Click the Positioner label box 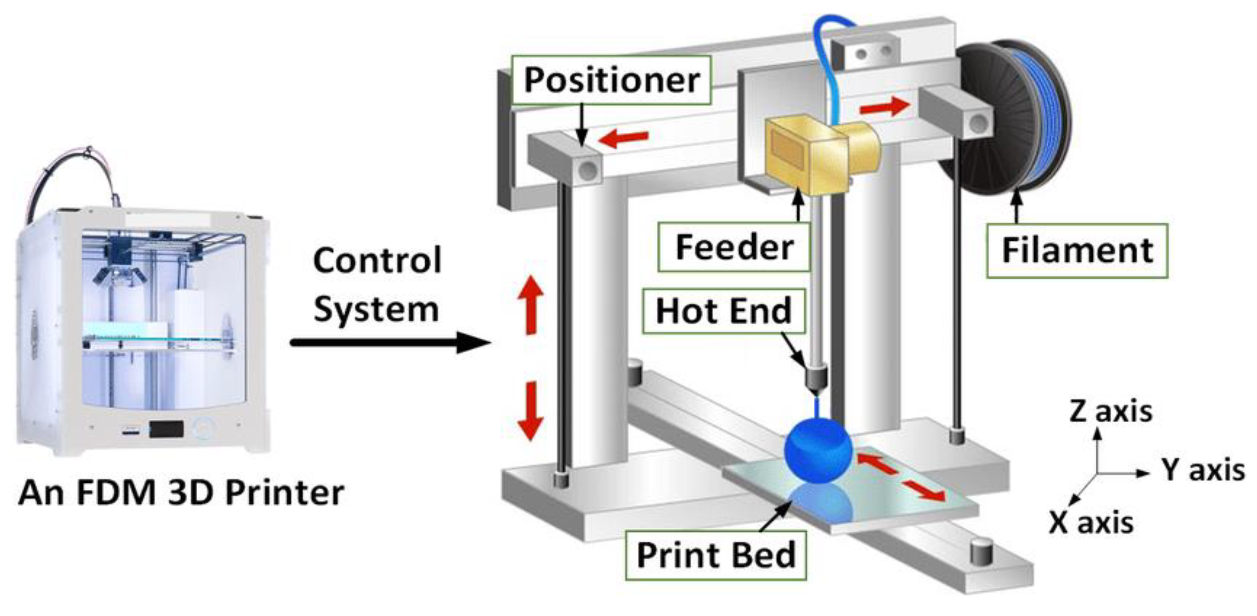[612, 80]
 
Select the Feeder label [734, 247]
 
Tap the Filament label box [1077, 251]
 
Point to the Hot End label [723, 312]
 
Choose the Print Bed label [715, 555]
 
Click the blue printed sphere [818, 452]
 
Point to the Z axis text [1110, 411]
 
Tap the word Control [377, 261]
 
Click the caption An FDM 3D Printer [181, 493]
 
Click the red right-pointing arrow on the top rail [884, 107]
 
